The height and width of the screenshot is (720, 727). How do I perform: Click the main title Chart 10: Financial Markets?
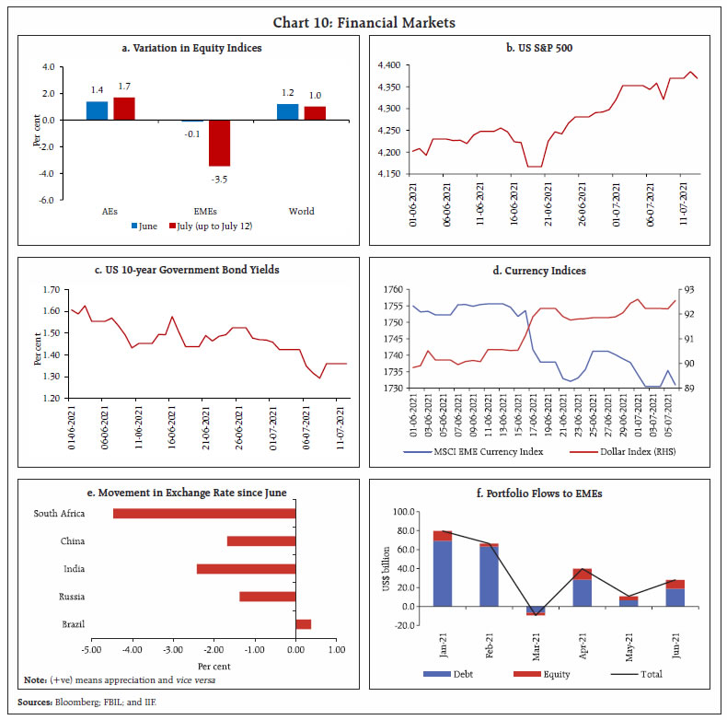363,22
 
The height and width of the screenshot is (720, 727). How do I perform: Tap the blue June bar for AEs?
97,110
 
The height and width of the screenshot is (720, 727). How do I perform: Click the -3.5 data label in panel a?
218,177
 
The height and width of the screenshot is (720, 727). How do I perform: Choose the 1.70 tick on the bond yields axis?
50,289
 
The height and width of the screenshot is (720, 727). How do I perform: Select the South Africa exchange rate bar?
204,514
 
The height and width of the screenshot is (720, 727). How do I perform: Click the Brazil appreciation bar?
304,624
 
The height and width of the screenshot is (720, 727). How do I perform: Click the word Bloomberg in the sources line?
81,702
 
